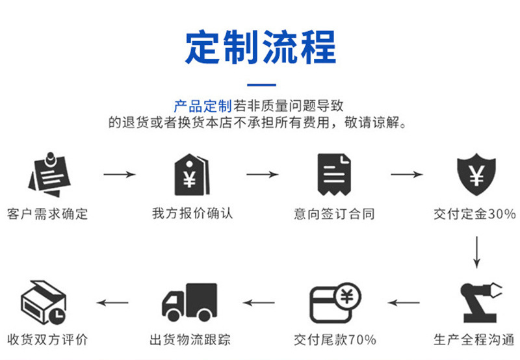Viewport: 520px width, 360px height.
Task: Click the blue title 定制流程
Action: (x=261, y=47)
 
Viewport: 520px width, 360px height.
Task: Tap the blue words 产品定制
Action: (x=203, y=107)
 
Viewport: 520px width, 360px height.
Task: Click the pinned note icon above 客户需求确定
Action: (x=49, y=175)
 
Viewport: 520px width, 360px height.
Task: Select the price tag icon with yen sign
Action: (x=192, y=174)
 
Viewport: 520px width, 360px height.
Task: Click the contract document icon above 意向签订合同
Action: (x=334, y=174)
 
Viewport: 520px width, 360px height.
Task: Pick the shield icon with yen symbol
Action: (x=476, y=174)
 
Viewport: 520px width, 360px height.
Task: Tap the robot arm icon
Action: (x=481, y=302)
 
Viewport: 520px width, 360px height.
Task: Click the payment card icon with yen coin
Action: (x=335, y=303)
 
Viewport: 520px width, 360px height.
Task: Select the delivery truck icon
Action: (x=189, y=302)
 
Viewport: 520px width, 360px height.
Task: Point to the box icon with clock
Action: (x=44, y=302)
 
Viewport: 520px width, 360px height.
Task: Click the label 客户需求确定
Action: (x=47, y=214)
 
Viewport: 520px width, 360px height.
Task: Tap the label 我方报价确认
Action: (x=192, y=214)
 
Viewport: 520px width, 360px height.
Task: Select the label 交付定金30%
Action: (x=474, y=214)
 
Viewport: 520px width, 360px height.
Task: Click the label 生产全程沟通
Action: (x=474, y=340)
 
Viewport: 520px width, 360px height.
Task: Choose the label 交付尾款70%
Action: (x=335, y=340)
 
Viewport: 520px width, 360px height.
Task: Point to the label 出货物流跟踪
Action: (x=190, y=340)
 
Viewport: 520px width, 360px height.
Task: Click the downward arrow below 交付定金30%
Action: (x=476, y=252)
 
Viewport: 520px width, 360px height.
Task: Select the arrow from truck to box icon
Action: (x=112, y=303)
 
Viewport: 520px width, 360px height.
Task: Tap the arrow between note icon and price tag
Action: (x=120, y=174)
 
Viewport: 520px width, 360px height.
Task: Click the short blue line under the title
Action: (x=261, y=85)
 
